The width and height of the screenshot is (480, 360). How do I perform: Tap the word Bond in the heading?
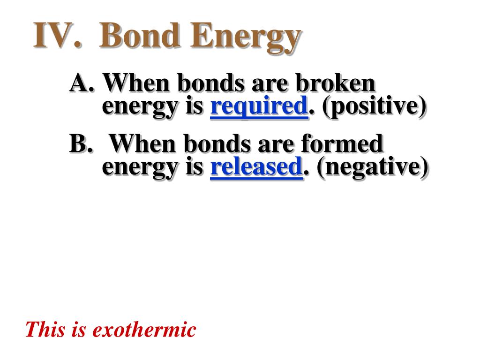pos(139,35)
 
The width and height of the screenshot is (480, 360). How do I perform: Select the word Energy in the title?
pos(246,38)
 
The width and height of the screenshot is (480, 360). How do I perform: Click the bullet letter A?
pos(81,83)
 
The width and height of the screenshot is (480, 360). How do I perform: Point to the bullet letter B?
pos(80,143)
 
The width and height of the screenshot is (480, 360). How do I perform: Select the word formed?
pos(342,143)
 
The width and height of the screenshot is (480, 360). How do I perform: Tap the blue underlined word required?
pos(259,106)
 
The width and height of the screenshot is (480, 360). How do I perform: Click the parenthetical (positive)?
pos(374,106)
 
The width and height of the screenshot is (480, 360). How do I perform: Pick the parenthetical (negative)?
pos(372,167)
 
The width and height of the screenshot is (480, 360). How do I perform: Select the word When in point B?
pos(142,143)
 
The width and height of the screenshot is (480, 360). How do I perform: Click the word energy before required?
pos(140,107)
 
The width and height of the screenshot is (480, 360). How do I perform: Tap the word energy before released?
pos(140,168)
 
